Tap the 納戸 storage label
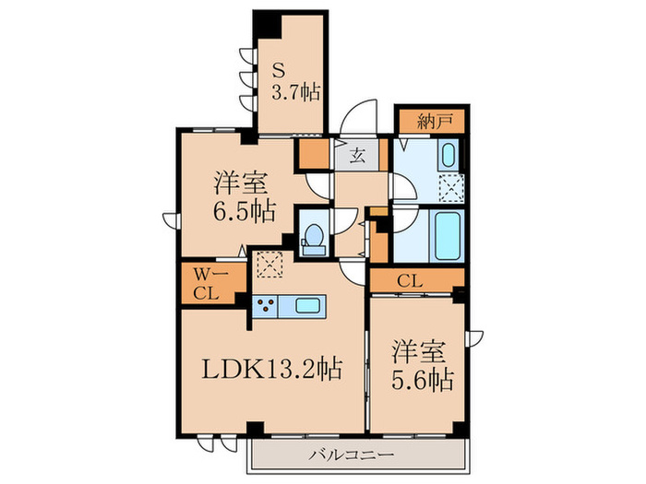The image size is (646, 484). (431, 120)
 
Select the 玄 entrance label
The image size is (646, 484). (357, 155)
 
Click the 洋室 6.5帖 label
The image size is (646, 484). (245, 195)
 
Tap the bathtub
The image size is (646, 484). (444, 236)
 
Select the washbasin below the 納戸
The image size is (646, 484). (446, 154)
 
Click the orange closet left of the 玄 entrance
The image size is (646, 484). (312, 153)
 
